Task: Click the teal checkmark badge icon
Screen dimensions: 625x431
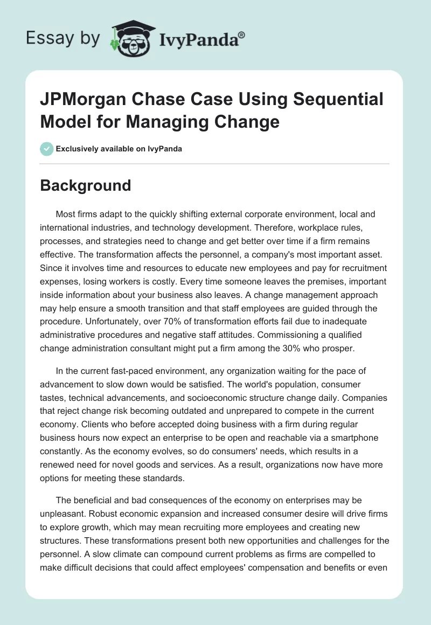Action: pos(47,149)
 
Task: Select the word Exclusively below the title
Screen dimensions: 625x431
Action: pos(78,149)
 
